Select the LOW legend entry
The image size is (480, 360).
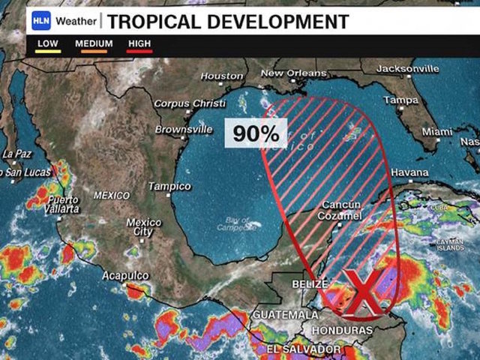coord(48,44)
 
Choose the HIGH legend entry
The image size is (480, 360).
coord(139,44)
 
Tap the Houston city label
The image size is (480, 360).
coord(222,76)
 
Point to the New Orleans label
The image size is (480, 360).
coord(294,73)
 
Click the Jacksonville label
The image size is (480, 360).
coord(408,69)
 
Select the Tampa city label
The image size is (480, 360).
coord(400,100)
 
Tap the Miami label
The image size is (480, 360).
coord(436,132)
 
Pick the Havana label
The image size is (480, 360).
coord(410,172)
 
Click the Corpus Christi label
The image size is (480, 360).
coord(190,103)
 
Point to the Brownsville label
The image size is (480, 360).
coord(184,129)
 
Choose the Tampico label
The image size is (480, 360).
coord(169,186)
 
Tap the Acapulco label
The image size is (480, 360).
coord(125,276)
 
